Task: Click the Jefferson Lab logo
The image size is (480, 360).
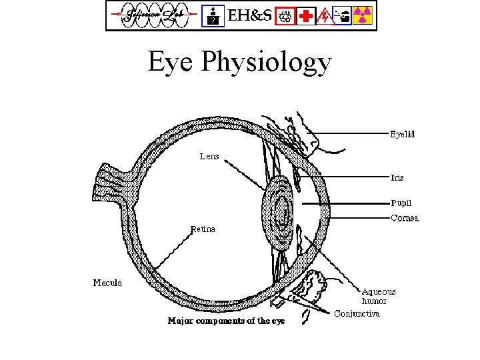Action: click(x=153, y=15)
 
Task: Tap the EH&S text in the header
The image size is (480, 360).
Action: click(x=250, y=15)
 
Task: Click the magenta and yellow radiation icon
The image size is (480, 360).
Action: click(x=362, y=15)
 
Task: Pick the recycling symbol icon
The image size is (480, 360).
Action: click(x=287, y=15)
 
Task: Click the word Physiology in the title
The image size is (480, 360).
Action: click(x=266, y=63)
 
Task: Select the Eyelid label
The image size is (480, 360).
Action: click(x=402, y=134)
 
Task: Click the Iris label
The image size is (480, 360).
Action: click(x=397, y=178)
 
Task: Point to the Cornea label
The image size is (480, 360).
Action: click(x=404, y=218)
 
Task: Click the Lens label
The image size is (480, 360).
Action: click(x=209, y=157)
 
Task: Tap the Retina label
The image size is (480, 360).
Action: click(x=203, y=229)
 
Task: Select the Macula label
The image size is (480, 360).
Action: click(x=107, y=283)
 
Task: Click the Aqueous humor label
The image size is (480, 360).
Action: click(x=378, y=296)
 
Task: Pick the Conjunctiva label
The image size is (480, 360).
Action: click(x=357, y=313)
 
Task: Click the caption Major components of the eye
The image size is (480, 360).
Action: click(x=226, y=321)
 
